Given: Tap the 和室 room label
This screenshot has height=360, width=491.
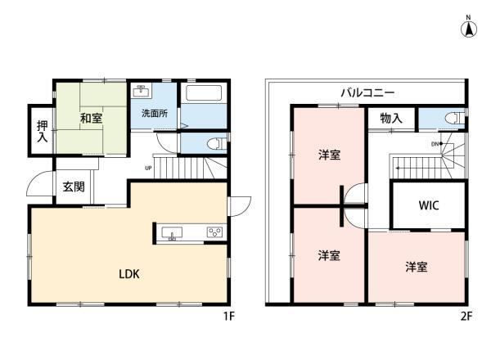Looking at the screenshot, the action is click(91, 119).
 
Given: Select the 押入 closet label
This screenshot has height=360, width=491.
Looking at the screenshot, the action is click(43, 131).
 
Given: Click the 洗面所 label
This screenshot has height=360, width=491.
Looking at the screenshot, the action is click(155, 114).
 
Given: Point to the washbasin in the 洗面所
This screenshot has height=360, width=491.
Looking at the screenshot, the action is click(142, 91).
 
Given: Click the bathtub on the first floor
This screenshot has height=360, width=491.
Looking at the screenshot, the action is click(204, 93).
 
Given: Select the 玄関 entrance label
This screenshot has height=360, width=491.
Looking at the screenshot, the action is click(74, 187).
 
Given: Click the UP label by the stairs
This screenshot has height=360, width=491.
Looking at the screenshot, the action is click(148, 168).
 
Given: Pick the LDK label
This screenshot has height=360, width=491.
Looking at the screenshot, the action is click(129, 274).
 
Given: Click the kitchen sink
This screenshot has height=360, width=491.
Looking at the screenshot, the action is click(172, 233).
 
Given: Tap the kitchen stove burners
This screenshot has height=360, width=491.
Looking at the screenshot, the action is click(214, 232).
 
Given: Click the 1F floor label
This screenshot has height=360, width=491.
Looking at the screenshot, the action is click(229, 317).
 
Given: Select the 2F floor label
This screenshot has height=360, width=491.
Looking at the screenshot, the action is click(466, 317).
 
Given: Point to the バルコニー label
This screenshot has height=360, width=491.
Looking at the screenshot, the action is click(367, 92).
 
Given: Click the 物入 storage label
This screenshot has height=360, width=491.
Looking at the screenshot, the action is click(391, 119).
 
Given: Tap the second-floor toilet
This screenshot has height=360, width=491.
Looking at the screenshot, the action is click(455, 118).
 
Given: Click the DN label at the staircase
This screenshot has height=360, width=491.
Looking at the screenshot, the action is click(435, 144).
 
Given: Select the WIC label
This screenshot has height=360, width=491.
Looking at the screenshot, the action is click(428, 205).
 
